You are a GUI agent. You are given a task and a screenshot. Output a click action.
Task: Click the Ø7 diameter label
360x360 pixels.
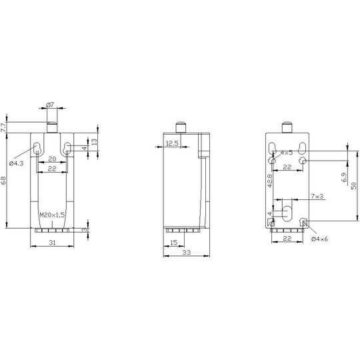pos(50,105)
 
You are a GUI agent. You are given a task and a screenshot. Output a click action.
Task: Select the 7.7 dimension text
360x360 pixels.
pos(3,127)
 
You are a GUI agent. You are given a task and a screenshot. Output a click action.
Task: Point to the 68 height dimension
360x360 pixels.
pos(3,180)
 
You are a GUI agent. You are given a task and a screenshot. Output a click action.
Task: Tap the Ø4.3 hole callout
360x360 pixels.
pos(16,163)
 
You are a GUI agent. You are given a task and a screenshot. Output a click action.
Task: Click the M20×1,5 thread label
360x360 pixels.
pos(53,215)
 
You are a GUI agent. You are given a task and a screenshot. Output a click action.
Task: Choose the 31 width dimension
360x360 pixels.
pos(52,243)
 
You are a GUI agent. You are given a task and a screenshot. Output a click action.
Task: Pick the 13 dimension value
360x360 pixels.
pos(94,141)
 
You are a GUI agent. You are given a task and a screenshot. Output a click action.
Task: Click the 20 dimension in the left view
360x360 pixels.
pos(52,159)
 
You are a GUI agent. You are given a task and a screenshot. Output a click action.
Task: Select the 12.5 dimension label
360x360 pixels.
pos(172,143)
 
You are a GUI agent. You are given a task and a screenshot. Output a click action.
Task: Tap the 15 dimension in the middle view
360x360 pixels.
pos(174,243)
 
